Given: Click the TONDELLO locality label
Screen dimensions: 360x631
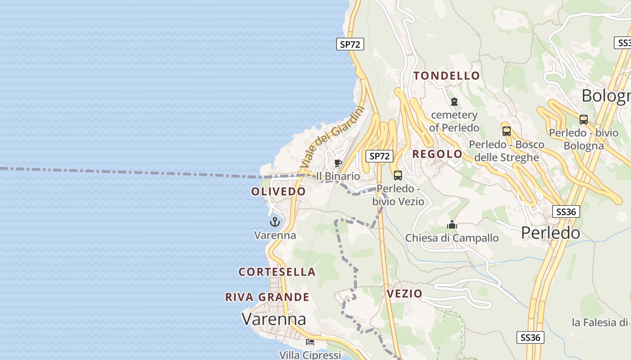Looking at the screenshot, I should (447, 76).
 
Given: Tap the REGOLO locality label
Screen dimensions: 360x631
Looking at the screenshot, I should (437, 154).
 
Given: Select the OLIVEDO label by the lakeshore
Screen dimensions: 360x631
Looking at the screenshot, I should (278, 191).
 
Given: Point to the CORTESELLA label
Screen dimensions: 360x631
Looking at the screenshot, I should (277, 272).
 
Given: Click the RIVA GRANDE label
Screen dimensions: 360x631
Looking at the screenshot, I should (267, 297).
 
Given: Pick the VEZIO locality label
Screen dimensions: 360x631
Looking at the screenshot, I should (405, 294).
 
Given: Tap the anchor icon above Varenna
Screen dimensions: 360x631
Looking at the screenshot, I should (275, 222).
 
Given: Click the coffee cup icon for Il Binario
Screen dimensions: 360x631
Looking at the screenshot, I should (338, 163).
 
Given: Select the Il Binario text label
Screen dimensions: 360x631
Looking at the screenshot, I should (338, 176).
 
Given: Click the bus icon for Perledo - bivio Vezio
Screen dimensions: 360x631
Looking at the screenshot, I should (398, 175).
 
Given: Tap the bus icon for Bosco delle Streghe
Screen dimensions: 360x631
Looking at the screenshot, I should (507, 131).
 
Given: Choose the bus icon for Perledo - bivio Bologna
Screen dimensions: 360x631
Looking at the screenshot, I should (584, 120).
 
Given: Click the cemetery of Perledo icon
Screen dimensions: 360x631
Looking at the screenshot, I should (454, 102).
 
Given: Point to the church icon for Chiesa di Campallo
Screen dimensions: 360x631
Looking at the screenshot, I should (452, 225).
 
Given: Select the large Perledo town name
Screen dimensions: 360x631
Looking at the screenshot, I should (550, 233).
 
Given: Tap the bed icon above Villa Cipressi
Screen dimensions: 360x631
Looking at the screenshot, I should (310, 342).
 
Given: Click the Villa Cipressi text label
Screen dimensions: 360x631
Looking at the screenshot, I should (310, 355).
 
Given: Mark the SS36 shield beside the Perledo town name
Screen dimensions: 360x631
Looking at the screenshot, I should (566, 211).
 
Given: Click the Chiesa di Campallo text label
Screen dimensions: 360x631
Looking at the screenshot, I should (452, 238).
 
